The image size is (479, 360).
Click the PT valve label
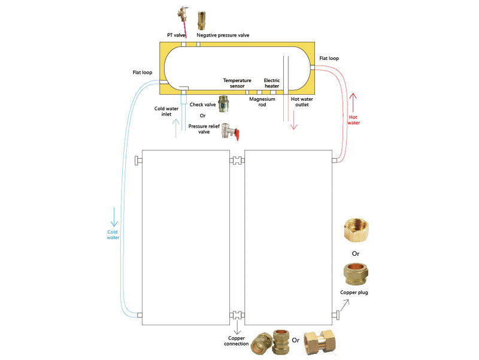click(176, 35)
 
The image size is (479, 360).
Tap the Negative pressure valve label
click(223, 35)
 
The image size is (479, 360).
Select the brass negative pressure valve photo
click(201, 20)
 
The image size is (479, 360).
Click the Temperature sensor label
click(237, 83)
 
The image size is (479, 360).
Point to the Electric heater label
click(272, 83)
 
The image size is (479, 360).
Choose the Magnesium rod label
click(262, 102)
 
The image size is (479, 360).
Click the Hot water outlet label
click(302, 102)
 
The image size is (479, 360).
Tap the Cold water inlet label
click(166, 111)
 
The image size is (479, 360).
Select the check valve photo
click(223, 104)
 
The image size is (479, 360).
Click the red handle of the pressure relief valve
click(237, 134)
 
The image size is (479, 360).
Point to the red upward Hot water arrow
click(353, 102)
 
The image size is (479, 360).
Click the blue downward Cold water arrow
click(114, 217)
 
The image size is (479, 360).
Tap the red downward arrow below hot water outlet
click(293, 120)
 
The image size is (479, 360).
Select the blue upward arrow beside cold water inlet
click(175, 128)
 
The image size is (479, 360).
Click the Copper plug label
click(354, 292)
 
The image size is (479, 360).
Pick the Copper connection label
click(236, 341)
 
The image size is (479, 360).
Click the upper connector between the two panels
click(237, 161)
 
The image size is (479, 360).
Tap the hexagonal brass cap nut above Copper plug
click(356, 231)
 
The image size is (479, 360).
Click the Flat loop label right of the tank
click(329, 58)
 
